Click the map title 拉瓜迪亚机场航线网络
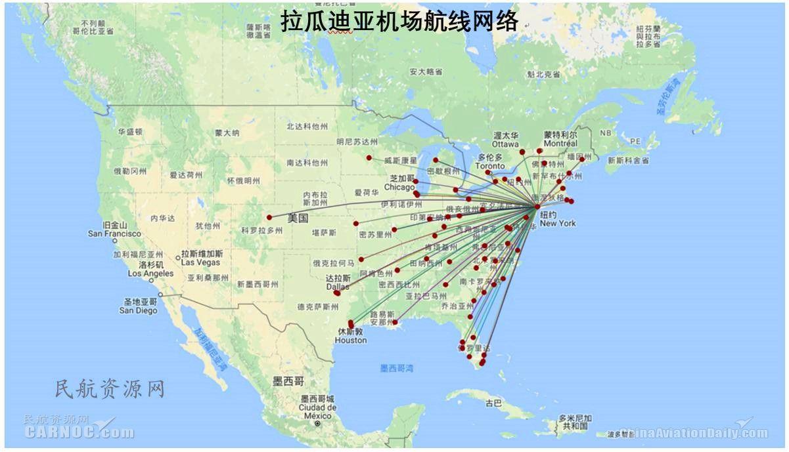pos(399,21)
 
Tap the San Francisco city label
pos(114,234)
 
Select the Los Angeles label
pos(150,273)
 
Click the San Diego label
pos(138,310)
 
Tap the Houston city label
pos(350,340)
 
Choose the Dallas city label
pos(338,287)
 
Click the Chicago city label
pos(399,187)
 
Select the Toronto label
pos(490,166)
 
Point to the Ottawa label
pos(505,144)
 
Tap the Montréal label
pos(560,143)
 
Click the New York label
pos(558,223)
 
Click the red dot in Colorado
pos(269,217)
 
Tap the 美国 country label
pos(298,218)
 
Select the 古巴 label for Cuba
pos(493,403)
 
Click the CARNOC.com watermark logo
pos(79,431)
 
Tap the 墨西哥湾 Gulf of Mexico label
pos(397,369)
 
